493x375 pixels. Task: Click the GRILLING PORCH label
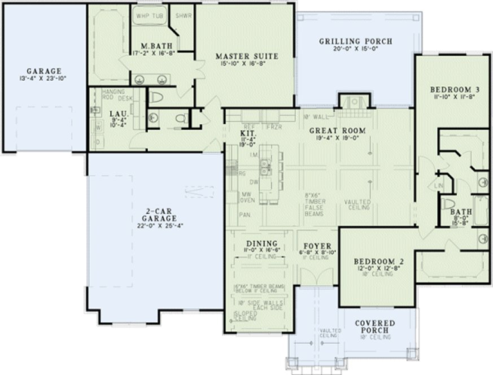tap(355, 41)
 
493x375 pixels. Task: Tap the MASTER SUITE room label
tap(247, 56)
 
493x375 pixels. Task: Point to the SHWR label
tap(184, 16)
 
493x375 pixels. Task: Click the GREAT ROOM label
tap(337, 130)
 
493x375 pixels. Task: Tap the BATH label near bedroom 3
tap(458, 212)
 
